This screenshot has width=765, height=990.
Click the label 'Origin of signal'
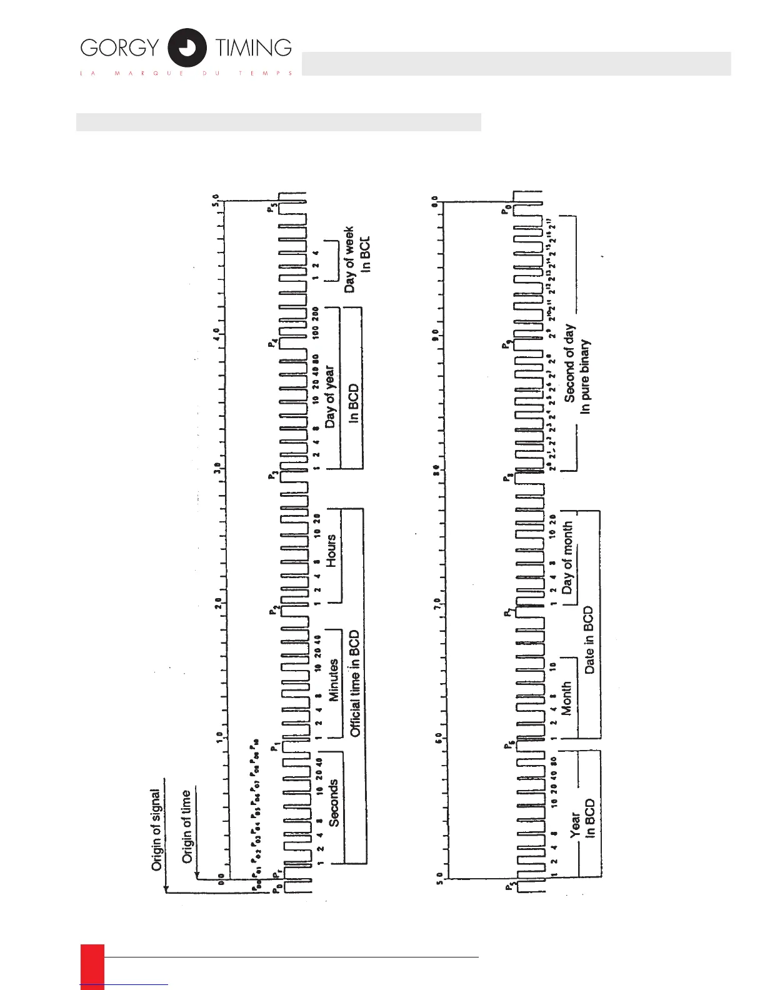[x=156, y=830]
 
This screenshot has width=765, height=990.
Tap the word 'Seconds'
[x=334, y=803]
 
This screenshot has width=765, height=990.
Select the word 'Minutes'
[x=334, y=680]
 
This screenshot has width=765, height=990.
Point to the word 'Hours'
[x=331, y=551]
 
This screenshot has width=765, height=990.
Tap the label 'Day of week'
[x=349, y=259]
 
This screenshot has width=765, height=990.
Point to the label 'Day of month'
[x=567, y=558]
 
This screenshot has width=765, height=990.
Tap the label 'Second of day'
[x=569, y=362]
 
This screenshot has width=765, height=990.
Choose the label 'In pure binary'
[x=585, y=377]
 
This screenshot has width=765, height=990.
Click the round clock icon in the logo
[x=187, y=47]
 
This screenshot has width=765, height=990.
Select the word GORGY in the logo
[x=119, y=48]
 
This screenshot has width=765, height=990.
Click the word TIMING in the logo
[x=254, y=48]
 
